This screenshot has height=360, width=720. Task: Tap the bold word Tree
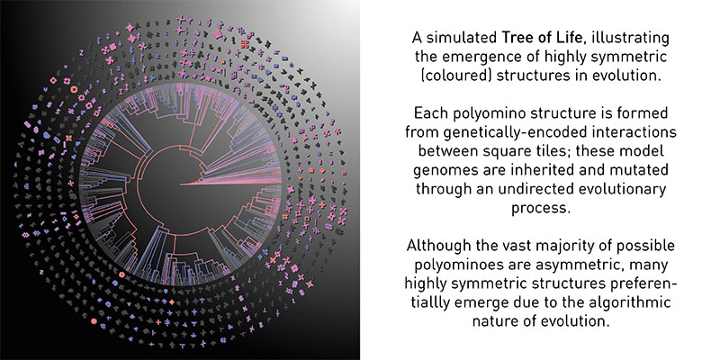[x=517, y=38]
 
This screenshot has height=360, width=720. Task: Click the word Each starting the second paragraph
[x=429, y=113]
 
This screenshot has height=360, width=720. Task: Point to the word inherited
[x=535, y=169]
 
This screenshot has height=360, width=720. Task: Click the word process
[x=541, y=208]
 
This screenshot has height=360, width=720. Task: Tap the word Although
[x=437, y=246]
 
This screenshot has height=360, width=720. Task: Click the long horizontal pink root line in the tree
[x=230, y=184]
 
